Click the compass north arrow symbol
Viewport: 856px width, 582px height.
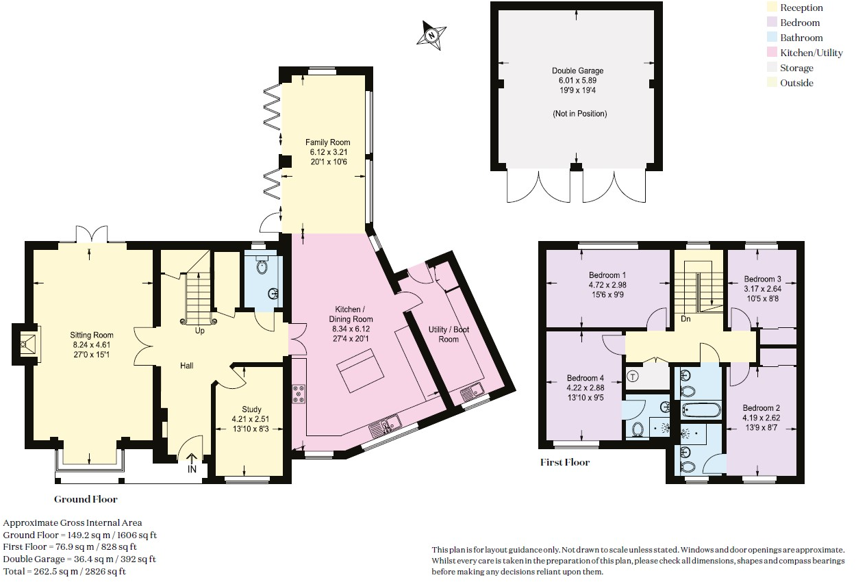point(431,34)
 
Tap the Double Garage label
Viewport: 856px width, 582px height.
point(577,71)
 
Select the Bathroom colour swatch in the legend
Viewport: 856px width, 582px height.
point(772,38)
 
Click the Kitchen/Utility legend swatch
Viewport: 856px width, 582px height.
point(772,53)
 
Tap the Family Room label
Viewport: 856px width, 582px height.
point(323,142)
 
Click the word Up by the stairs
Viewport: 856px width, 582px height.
point(200,331)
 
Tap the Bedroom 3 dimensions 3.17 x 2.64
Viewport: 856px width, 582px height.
point(762,289)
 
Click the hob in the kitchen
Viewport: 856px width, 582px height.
point(299,394)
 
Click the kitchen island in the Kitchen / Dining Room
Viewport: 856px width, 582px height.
point(361,370)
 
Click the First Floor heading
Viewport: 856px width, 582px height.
point(564,462)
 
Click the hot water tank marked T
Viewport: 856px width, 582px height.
point(633,375)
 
